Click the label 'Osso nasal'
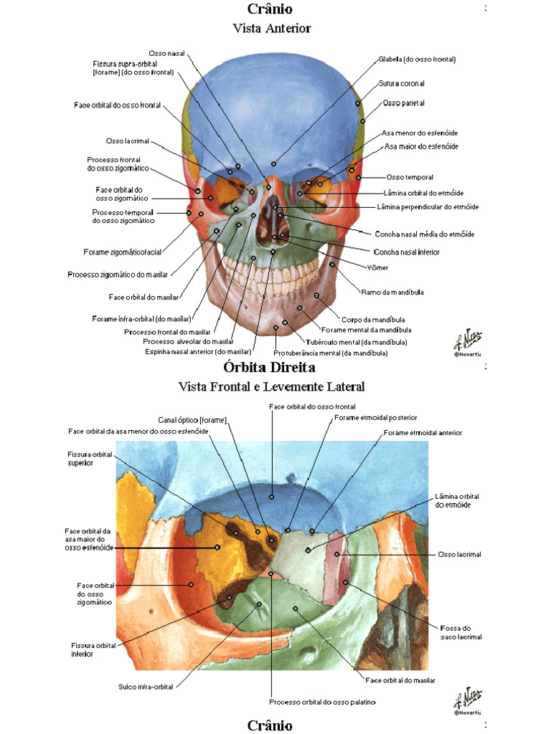pyautogui.click(x=166, y=54)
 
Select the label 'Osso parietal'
pyautogui.click(x=404, y=103)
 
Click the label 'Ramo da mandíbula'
pyautogui.click(x=392, y=292)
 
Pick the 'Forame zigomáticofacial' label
pyautogui.click(x=122, y=252)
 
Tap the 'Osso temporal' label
pyautogui.click(x=410, y=177)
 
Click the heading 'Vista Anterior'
pyautogui.click(x=271, y=28)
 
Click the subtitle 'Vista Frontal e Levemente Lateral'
pyautogui.click(x=271, y=386)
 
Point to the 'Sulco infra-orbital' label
pyautogui.click(x=146, y=687)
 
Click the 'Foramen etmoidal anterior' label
pyautogui.click(x=423, y=433)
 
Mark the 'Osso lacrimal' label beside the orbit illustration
pyautogui.click(x=459, y=554)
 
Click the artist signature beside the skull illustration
pyautogui.click(x=467, y=340)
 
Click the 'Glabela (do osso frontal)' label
pyautogui.click(x=417, y=59)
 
